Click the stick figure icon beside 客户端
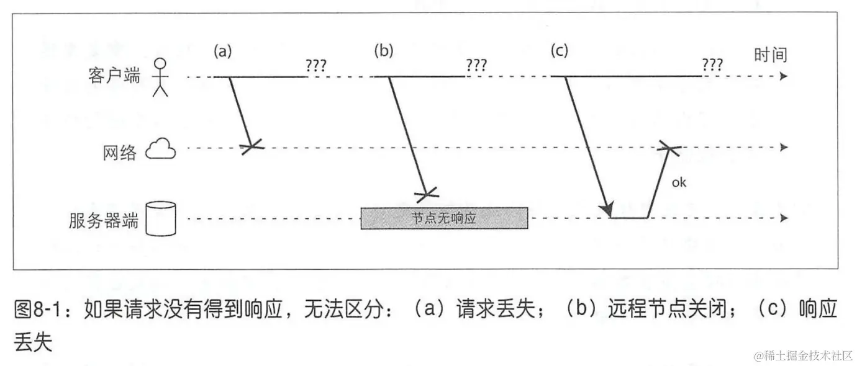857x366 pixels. pyautogui.click(x=161, y=77)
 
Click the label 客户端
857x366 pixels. pyautogui.click(x=115, y=76)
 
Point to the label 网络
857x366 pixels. pyautogui.click(x=119, y=153)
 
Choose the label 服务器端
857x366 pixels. pyautogui.click(x=103, y=221)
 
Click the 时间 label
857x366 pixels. pyautogui.click(x=771, y=55)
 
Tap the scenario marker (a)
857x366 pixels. pyautogui.click(x=222, y=51)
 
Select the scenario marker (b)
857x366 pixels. pyautogui.click(x=384, y=51)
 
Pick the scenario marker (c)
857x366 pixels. pyautogui.click(x=560, y=51)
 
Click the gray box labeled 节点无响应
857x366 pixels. pyautogui.click(x=444, y=218)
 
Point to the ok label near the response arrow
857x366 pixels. pyautogui.click(x=679, y=183)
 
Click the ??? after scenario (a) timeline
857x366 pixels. pyautogui.click(x=315, y=65)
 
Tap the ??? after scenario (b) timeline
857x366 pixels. pyautogui.click(x=476, y=65)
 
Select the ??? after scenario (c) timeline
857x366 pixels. pyautogui.click(x=712, y=65)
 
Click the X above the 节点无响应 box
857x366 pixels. pyautogui.click(x=426, y=196)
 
